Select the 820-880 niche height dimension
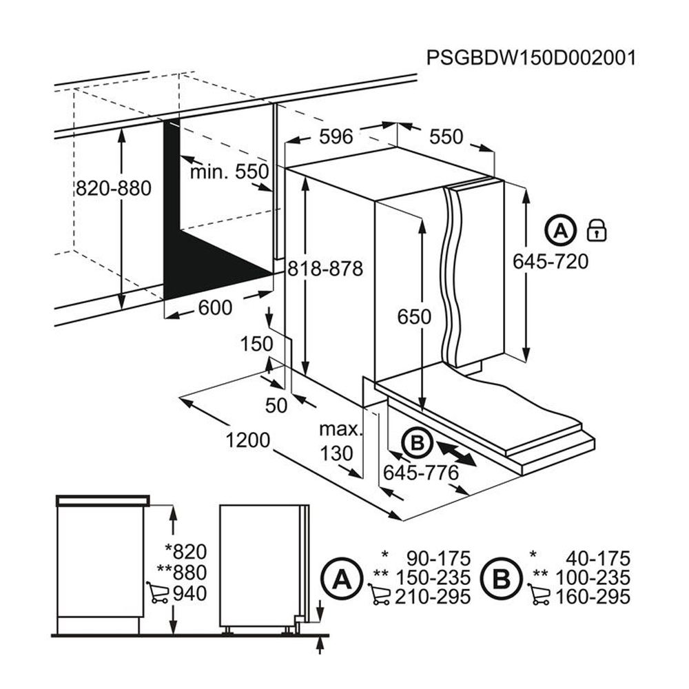click(113, 188)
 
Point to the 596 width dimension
click(338, 136)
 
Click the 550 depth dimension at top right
click(446, 136)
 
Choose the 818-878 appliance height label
click(325, 268)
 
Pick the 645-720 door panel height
click(551, 262)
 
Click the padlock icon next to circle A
click(595, 230)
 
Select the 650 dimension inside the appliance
click(413, 317)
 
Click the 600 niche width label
click(215, 308)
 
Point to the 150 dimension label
click(257, 344)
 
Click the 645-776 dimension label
click(421, 473)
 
